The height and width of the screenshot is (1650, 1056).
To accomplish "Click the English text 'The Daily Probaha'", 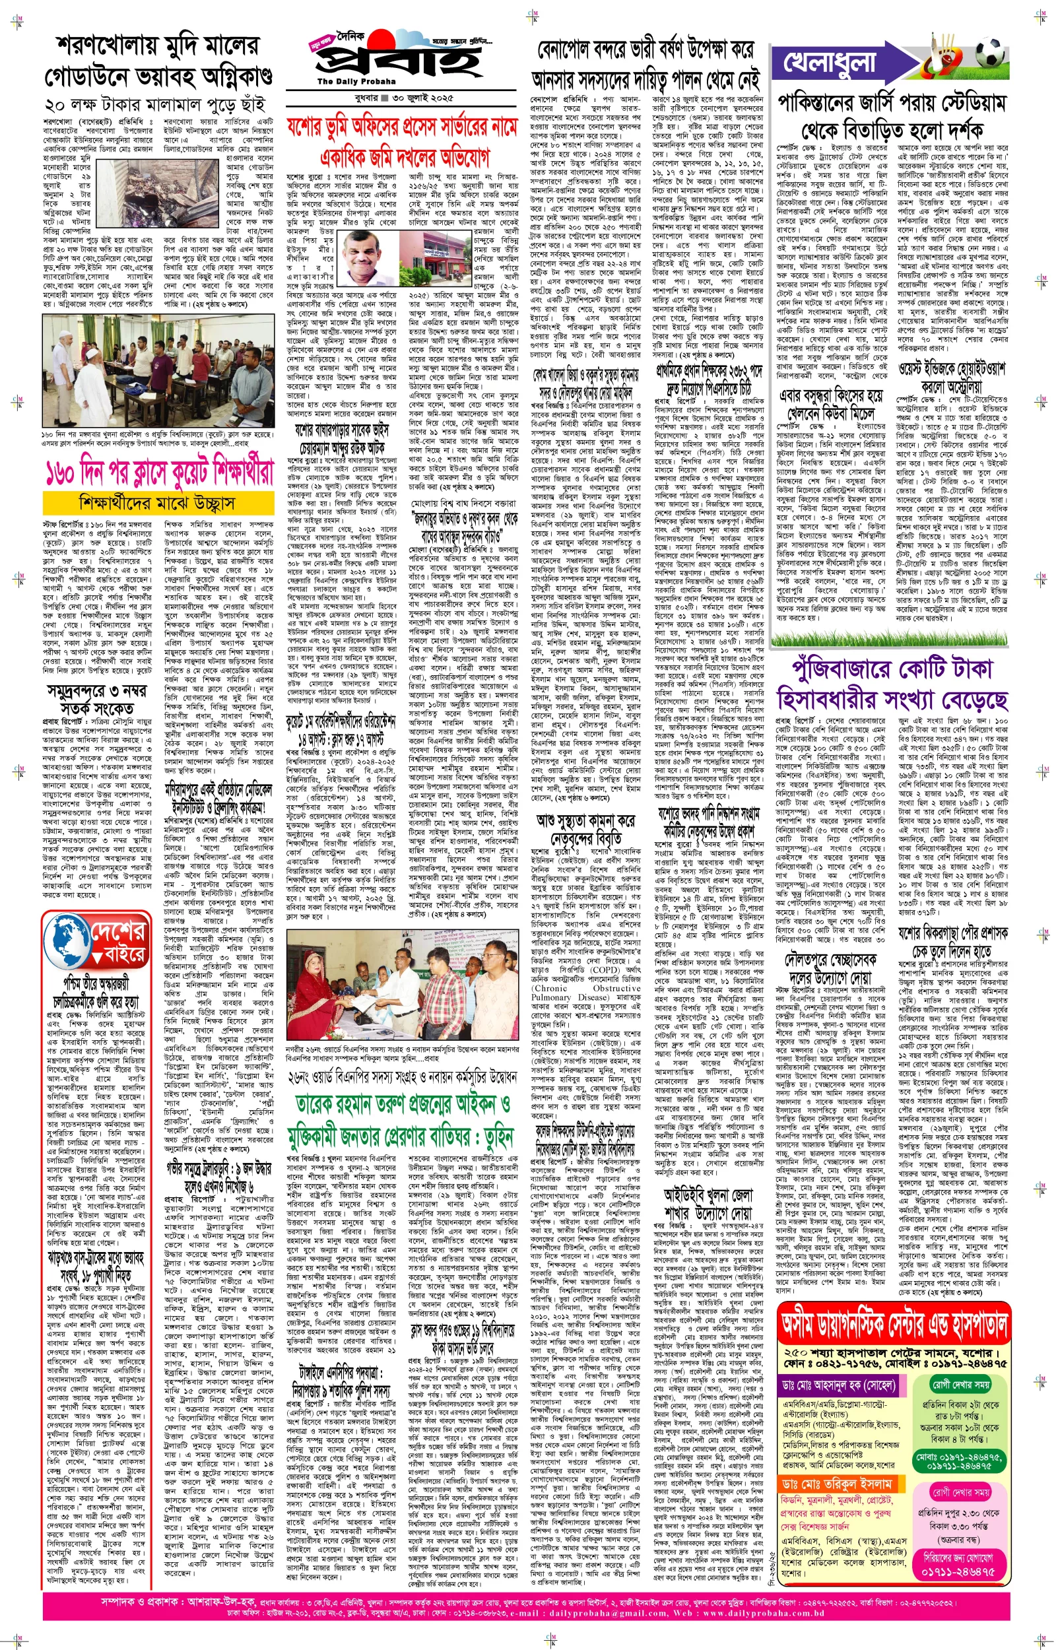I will (346, 82).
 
